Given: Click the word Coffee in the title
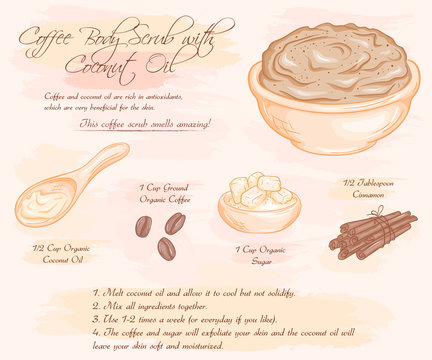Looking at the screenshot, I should [x=50, y=38].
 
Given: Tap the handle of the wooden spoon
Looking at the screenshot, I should [x=100, y=164].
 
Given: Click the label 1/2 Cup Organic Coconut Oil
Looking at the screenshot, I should [x=62, y=252].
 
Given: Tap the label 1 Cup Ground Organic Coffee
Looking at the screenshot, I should [x=163, y=192].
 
